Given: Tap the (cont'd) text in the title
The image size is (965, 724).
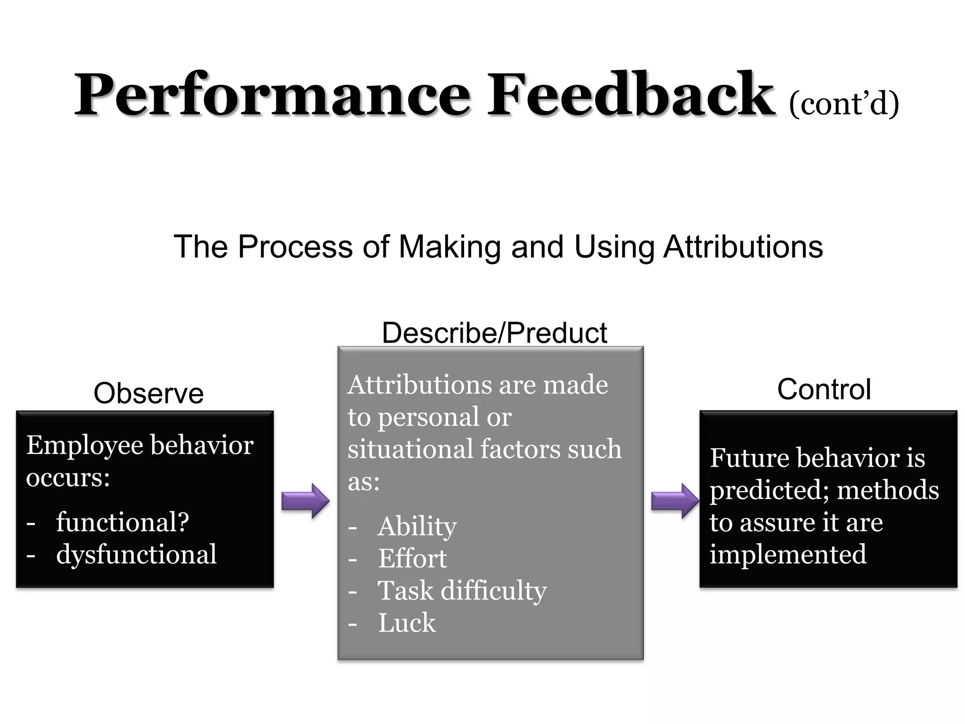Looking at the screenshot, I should pyautogui.click(x=843, y=104).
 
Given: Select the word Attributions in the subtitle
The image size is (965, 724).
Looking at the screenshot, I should pyautogui.click(x=743, y=247).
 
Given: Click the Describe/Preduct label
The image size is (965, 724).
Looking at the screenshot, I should pyautogui.click(x=494, y=333).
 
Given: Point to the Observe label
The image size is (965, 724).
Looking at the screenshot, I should pyautogui.click(x=148, y=393).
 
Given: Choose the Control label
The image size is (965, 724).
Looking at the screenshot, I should pyautogui.click(x=824, y=389).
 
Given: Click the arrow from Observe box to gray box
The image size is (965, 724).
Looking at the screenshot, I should pyautogui.click(x=305, y=501).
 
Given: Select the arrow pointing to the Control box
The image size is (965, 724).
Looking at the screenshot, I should pyautogui.click(x=675, y=501).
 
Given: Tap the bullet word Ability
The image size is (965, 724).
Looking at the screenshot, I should pyautogui.click(x=417, y=526).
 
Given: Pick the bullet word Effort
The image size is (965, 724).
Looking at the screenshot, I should pyautogui.click(x=412, y=559).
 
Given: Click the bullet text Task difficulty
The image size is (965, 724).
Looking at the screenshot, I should pyautogui.click(x=462, y=591).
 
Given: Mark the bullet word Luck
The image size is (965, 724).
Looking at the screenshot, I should pyautogui.click(x=407, y=623).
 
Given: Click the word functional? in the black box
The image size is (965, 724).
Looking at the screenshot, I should pyautogui.click(x=123, y=522).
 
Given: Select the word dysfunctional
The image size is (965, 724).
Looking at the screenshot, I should pyautogui.click(x=136, y=554).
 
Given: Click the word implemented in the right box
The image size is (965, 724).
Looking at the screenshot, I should pyautogui.click(x=788, y=554).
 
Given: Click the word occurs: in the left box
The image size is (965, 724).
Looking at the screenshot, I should pyautogui.click(x=68, y=477).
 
